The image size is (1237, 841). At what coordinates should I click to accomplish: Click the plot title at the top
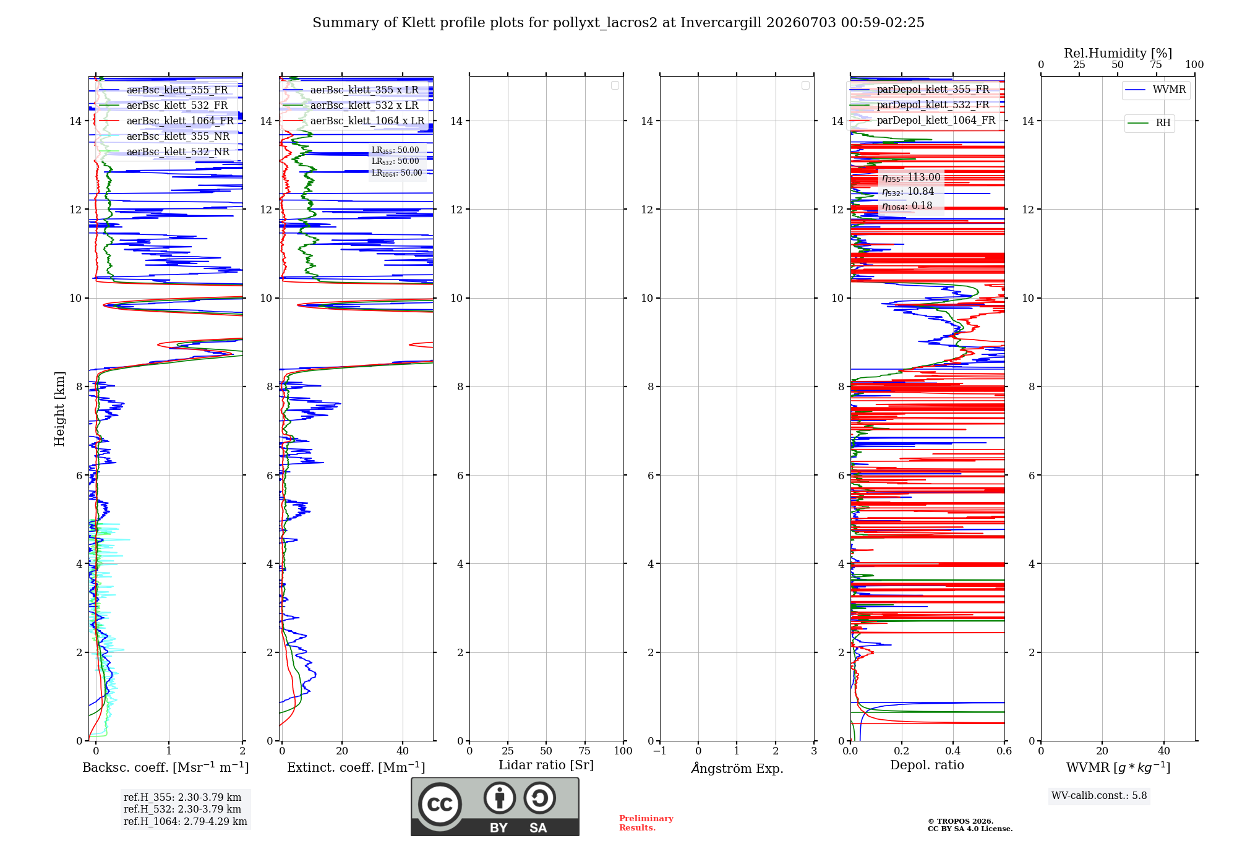pyautogui.click(x=618, y=23)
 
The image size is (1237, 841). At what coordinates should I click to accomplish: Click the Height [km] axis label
pyautogui.click(x=59, y=409)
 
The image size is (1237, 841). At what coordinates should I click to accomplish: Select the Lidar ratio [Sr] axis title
pyautogui.click(x=546, y=766)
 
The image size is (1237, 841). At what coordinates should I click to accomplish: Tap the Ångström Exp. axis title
pyautogui.click(x=737, y=768)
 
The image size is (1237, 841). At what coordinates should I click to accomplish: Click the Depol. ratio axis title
pyautogui.click(x=927, y=766)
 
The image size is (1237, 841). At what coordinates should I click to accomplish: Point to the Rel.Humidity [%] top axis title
pyautogui.click(x=1118, y=53)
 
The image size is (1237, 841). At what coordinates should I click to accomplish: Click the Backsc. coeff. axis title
pyautogui.click(x=166, y=767)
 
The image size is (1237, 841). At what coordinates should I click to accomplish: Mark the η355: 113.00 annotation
pyautogui.click(x=911, y=177)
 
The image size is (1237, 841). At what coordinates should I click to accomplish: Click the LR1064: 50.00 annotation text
pyautogui.click(x=396, y=173)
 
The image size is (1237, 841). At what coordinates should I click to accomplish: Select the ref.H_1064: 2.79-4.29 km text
pyautogui.click(x=186, y=822)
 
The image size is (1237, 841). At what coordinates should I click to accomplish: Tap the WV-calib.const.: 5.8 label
pyautogui.click(x=1099, y=796)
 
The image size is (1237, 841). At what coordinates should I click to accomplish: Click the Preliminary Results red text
pyautogui.click(x=646, y=823)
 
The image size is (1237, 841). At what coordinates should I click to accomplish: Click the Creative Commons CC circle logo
pyautogui.click(x=440, y=805)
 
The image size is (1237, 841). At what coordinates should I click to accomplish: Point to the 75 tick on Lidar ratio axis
pyautogui.click(x=584, y=751)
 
